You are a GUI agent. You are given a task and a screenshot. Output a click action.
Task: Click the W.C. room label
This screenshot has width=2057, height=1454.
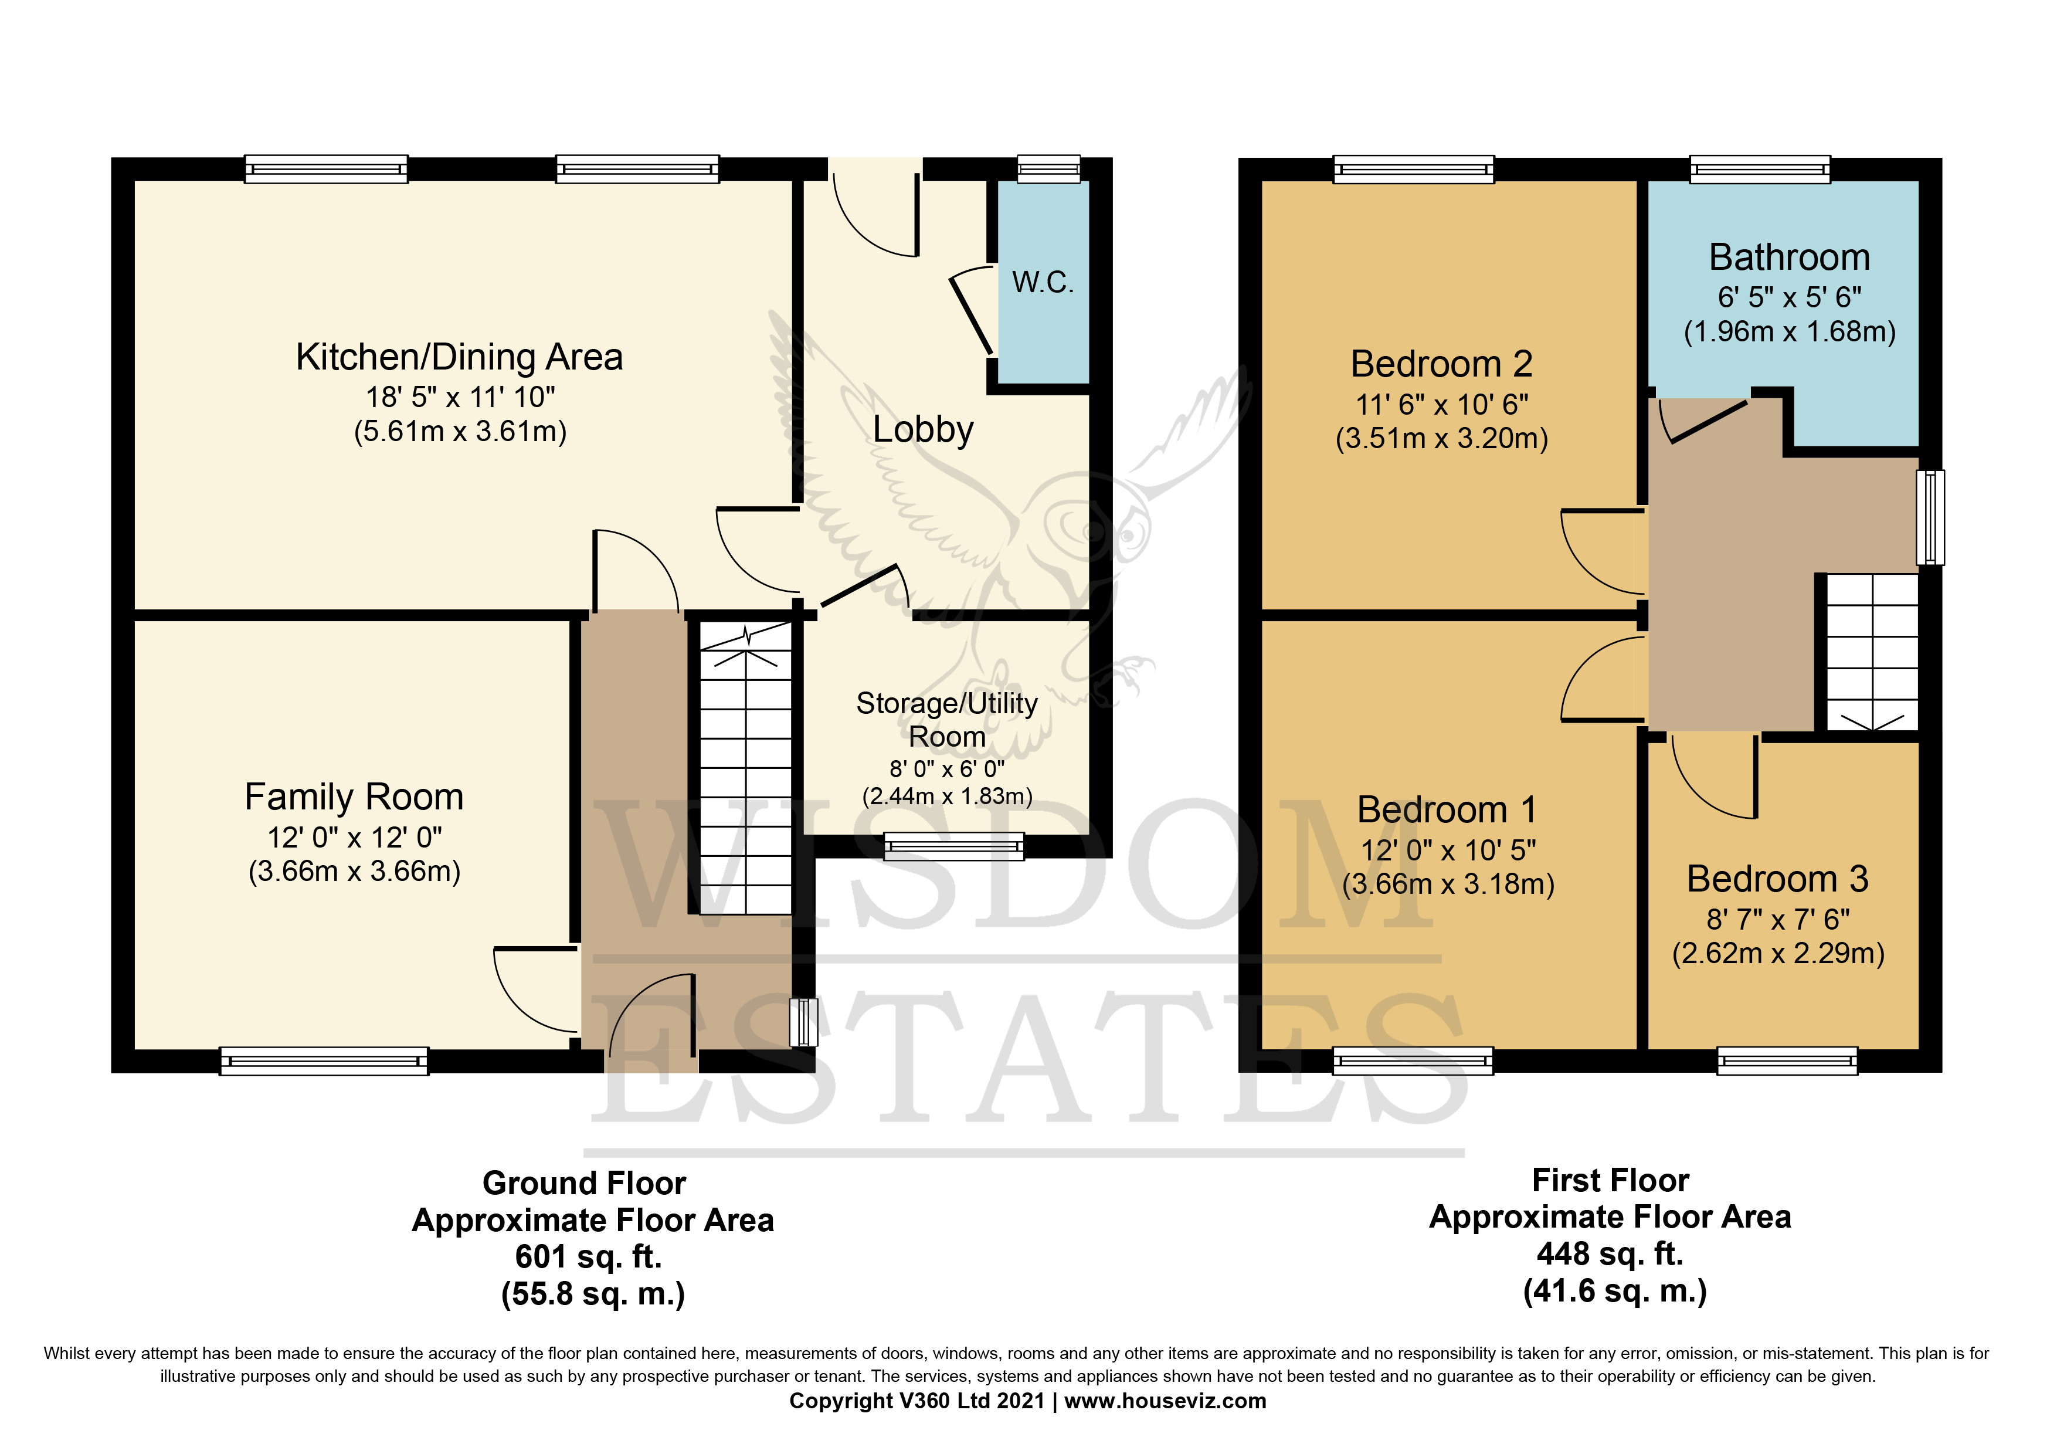click(x=1042, y=282)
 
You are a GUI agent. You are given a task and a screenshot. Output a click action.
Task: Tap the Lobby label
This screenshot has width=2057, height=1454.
click(x=923, y=429)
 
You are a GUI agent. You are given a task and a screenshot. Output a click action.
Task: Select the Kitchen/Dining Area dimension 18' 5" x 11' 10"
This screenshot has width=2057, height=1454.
click(x=460, y=397)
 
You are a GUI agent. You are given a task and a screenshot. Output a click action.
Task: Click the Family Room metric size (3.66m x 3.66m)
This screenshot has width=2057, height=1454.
click(x=354, y=872)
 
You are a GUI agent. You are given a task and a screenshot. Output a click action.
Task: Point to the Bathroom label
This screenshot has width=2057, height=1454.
click(x=1788, y=258)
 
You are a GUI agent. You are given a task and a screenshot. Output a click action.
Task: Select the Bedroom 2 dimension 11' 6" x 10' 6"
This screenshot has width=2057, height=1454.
click(x=1441, y=405)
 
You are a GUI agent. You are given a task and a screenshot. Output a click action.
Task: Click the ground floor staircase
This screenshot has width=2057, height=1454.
click(x=745, y=771)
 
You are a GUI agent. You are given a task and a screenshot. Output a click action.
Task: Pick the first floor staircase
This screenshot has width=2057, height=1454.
click(x=1871, y=652)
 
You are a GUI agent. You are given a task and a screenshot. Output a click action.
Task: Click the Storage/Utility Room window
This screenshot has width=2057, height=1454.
click(x=953, y=846)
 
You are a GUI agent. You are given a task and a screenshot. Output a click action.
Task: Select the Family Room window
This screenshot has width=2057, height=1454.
click(x=324, y=1060)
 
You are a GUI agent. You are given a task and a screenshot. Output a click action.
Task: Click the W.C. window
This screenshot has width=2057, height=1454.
click(x=1048, y=168)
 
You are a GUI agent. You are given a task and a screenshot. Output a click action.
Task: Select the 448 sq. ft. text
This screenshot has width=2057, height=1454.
click(x=1610, y=1253)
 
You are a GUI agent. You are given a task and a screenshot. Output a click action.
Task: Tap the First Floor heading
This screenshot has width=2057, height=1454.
click(x=1610, y=1180)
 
